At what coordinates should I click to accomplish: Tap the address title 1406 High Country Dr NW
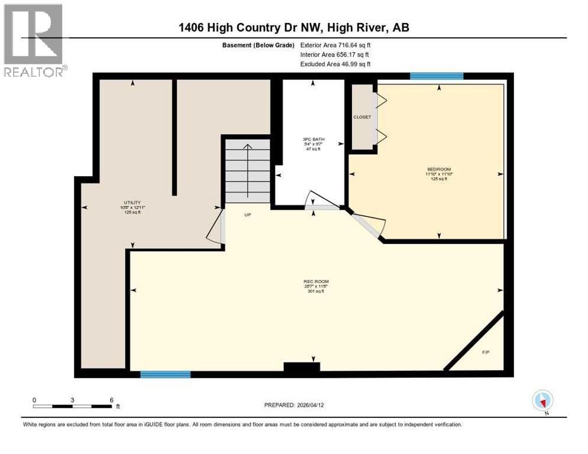294,28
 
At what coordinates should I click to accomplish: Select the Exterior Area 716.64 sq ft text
335,44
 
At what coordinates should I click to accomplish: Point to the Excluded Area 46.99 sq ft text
335,64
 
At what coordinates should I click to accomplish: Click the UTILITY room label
132,202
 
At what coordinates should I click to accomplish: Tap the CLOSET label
362,117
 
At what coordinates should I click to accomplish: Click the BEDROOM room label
438,169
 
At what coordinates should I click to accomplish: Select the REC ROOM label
316,281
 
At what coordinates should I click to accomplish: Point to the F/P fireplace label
486,352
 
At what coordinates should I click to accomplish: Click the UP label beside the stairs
248,215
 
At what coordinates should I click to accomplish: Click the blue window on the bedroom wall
437,76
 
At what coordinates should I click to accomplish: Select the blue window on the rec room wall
165,374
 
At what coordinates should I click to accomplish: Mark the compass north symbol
542,400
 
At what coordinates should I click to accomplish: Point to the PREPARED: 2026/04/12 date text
294,405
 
